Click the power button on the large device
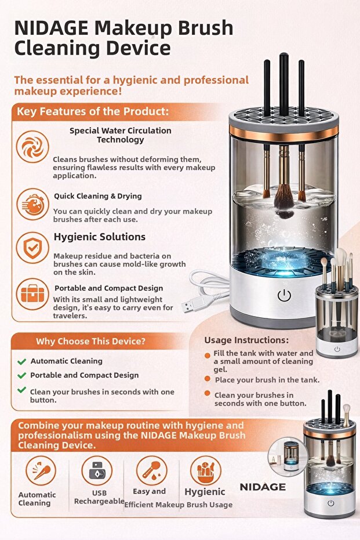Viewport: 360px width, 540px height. pos(284,295)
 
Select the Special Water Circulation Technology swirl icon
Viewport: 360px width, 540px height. pos(32,147)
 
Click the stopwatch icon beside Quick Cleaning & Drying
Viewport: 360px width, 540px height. pos(32,204)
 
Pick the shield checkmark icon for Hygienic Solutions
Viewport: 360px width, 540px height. pos(32,248)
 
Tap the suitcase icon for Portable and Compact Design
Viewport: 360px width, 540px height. pos(32,294)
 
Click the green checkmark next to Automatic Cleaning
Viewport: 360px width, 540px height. pos(21,361)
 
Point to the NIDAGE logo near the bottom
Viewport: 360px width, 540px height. pos(263,487)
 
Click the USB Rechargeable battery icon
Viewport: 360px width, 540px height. pos(97,470)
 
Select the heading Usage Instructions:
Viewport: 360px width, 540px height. pos(246,340)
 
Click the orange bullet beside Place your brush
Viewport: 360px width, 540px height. pos(207,379)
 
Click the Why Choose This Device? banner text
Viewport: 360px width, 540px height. pos(90,341)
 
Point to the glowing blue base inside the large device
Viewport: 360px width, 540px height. pos(283,263)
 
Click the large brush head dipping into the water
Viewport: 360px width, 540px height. pos(284,201)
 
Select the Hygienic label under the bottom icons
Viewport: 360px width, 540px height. pos(205,492)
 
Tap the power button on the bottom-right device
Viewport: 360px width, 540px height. pos(331,503)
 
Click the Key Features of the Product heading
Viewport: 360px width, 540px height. pos(93,111)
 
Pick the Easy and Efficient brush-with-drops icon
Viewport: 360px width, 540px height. pos(151,470)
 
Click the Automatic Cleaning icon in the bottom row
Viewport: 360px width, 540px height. pos(41,470)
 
